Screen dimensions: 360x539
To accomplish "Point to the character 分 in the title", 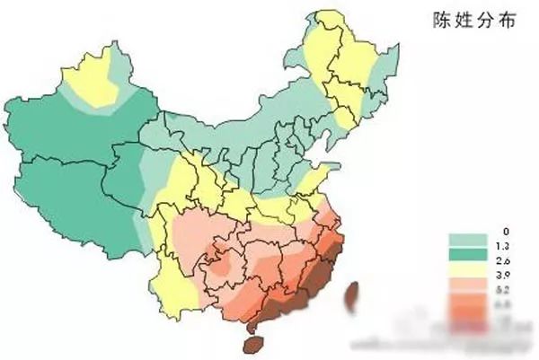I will [x=482, y=22].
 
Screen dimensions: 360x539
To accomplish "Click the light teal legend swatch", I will [x=466, y=238].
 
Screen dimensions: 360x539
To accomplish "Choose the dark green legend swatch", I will [x=466, y=254].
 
